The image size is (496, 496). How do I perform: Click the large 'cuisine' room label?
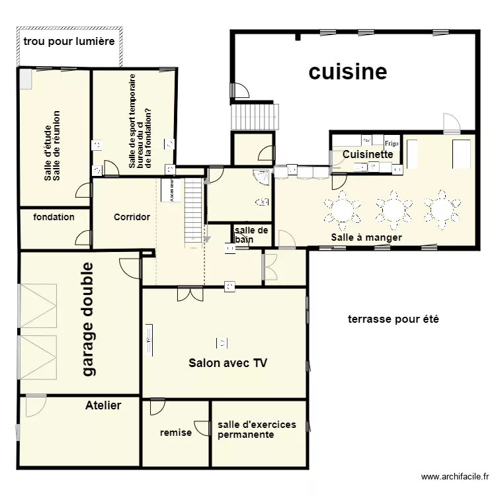point(348,71)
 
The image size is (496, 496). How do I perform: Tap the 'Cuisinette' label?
point(367,154)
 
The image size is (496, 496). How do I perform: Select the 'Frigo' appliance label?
point(392,142)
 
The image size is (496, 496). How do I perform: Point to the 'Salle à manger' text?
point(366,237)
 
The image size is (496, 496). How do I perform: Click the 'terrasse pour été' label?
point(394,319)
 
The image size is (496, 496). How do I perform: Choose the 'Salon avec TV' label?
point(228,362)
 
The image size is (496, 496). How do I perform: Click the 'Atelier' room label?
point(103,405)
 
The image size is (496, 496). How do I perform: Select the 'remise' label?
point(176,433)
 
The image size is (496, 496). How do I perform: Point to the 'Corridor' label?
point(132,217)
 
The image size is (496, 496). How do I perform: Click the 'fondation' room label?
point(54,217)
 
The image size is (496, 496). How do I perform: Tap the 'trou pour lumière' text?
point(69,42)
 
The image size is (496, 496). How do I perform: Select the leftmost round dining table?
point(343,210)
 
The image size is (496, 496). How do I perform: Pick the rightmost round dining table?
point(443,210)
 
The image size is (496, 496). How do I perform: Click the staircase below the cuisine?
point(255,116)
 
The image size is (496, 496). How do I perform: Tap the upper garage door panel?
point(38,306)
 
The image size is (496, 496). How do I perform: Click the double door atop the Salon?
point(190,294)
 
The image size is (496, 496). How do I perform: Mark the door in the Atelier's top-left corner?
point(35,405)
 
